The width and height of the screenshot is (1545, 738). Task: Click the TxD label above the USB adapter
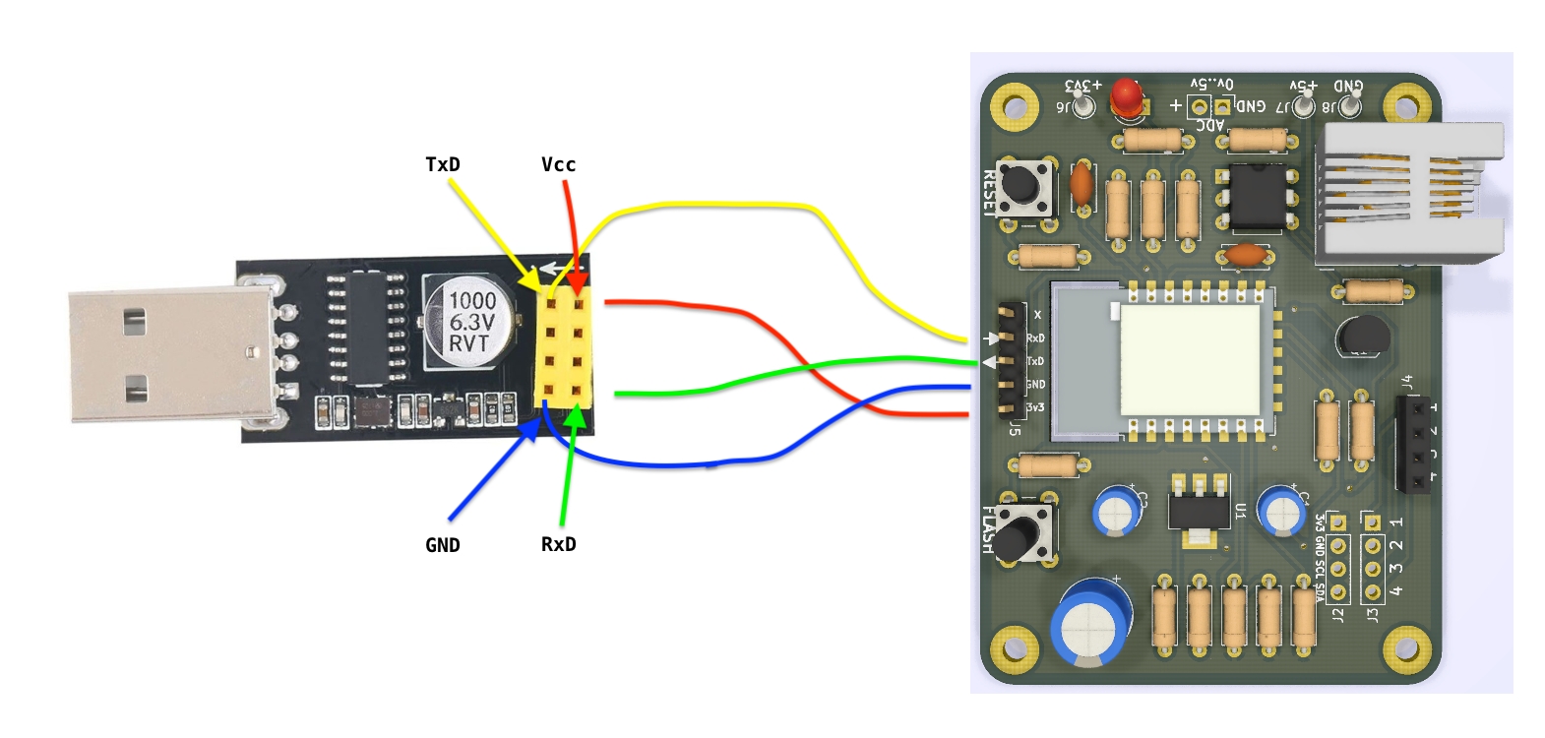click(442, 164)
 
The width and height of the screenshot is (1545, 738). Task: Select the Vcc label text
click(558, 164)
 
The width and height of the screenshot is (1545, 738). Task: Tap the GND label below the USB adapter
click(442, 545)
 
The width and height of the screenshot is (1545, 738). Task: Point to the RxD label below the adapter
click(558, 544)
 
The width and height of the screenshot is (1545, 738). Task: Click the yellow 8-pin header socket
click(563, 348)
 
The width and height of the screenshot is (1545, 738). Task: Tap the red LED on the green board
click(1126, 96)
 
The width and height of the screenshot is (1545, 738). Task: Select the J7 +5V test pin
click(1303, 105)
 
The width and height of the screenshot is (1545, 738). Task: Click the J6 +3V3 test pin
click(1082, 105)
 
